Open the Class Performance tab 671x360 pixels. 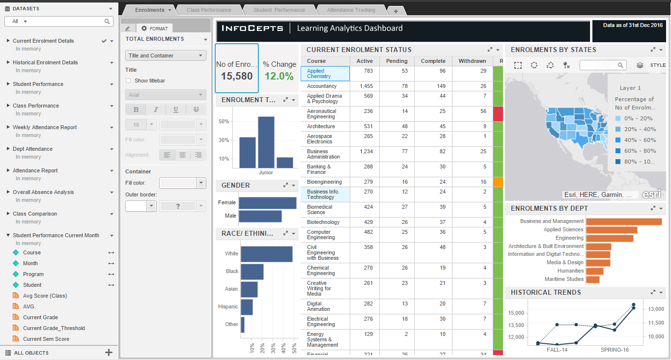209,10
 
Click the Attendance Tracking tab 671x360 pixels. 351,10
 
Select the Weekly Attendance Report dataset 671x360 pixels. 45,127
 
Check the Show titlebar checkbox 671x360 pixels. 128,81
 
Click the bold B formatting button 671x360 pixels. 136,110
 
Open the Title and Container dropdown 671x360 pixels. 166,55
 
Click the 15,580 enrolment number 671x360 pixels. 236,76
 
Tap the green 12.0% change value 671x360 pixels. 279,76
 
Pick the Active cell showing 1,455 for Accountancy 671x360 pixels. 366,86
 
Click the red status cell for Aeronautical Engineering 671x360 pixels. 498,113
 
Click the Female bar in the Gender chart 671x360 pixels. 267,203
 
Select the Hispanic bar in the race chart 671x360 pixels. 247,307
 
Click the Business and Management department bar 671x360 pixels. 623,222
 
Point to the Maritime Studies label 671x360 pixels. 564,279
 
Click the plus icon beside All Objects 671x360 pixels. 109,352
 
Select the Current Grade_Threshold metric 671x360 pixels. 54,328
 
